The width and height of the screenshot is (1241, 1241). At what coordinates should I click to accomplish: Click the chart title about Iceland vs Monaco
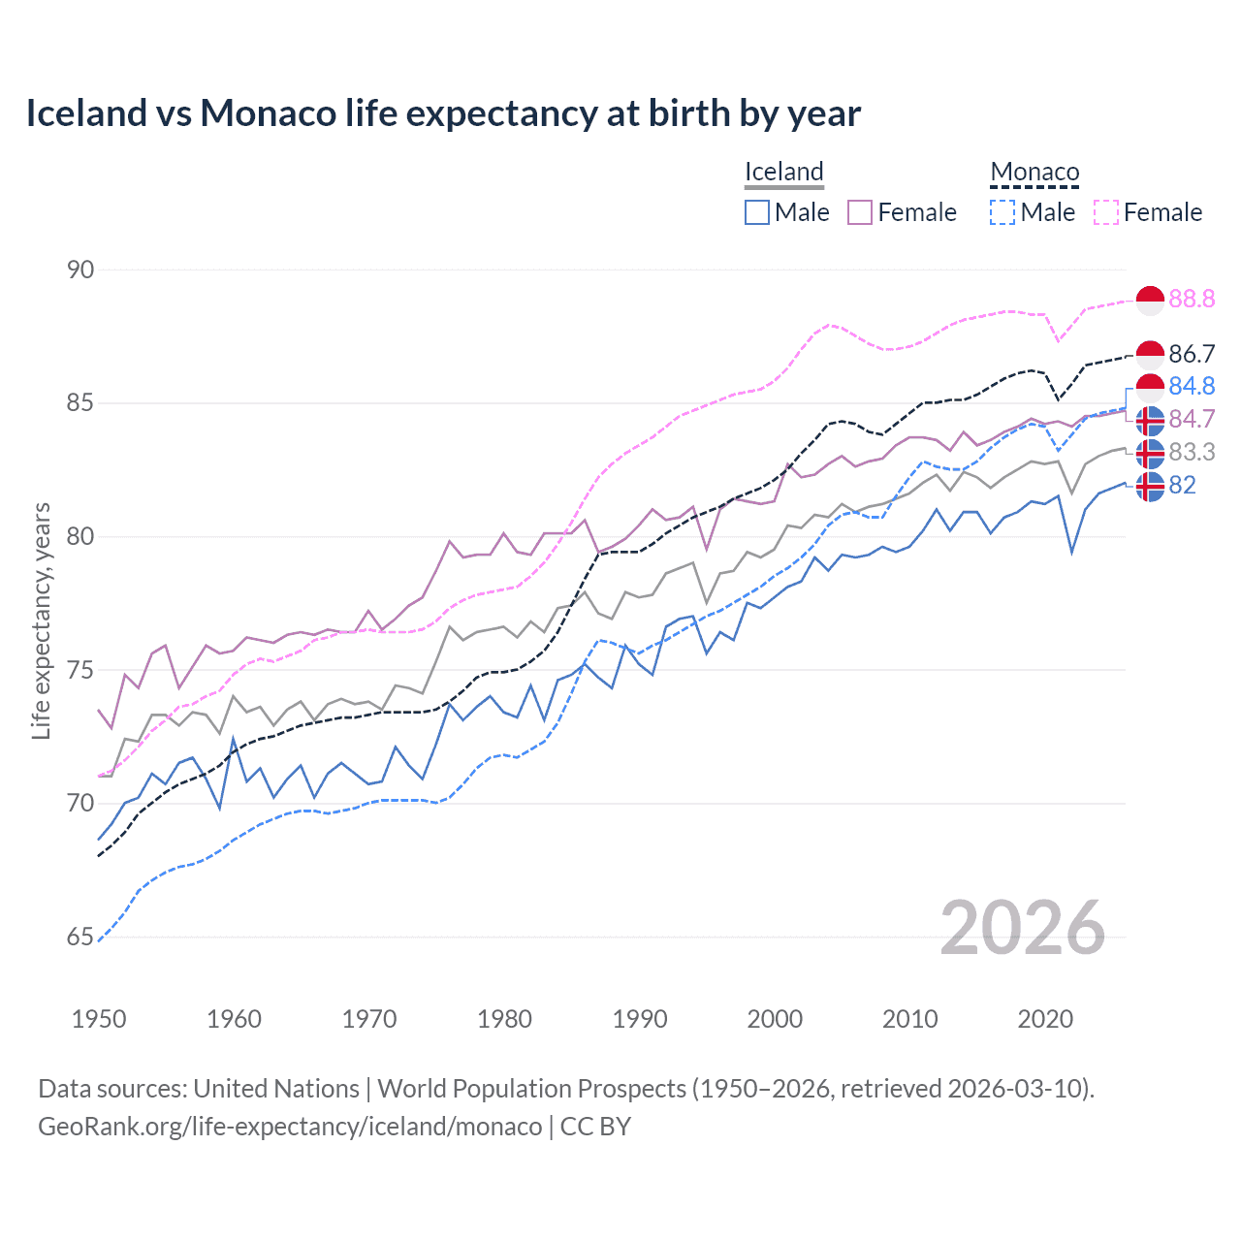point(443,113)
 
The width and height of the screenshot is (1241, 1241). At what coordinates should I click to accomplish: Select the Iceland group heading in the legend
point(783,172)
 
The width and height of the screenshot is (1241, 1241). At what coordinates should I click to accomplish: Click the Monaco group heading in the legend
point(1034,172)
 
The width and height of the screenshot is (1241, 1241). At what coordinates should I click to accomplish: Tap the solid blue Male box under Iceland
point(757,212)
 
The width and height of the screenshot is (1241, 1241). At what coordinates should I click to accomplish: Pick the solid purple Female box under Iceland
point(860,212)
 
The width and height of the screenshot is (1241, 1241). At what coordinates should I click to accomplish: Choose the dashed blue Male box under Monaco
point(1002,212)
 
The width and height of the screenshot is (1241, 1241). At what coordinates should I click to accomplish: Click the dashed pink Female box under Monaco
point(1106,212)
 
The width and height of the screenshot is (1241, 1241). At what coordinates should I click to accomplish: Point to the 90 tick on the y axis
point(80,270)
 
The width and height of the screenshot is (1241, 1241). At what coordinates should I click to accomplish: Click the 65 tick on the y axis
point(80,937)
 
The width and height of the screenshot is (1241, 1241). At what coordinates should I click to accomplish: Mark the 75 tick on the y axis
point(80,670)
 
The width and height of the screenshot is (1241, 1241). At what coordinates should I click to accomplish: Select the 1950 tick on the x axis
point(99,1019)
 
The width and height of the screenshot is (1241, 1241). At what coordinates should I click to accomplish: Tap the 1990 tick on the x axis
point(640,1019)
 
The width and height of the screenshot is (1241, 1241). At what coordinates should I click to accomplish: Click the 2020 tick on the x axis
point(1045,1019)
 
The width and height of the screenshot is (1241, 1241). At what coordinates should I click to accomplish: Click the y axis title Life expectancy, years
point(41,620)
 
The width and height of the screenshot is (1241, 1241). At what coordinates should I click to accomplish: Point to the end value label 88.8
point(1192,299)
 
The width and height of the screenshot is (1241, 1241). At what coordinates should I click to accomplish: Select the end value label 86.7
point(1192,354)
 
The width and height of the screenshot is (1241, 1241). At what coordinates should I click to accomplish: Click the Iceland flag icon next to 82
point(1150,486)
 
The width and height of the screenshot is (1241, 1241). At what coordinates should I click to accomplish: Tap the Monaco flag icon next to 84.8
point(1150,387)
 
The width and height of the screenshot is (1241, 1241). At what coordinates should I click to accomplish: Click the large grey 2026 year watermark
point(1023,928)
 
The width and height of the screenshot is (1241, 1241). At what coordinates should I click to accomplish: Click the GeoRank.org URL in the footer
point(290,1127)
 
